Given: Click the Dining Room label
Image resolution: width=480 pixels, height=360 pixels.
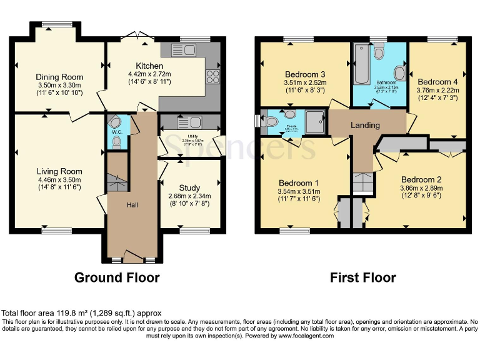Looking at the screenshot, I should point(59,77).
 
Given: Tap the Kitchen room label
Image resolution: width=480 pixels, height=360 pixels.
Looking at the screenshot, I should point(149,66).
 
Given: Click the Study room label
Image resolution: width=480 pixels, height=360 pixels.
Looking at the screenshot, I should point(189,187).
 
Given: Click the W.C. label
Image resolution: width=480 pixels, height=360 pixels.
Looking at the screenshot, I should point(116,132).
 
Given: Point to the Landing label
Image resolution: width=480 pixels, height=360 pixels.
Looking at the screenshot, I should point(365,125).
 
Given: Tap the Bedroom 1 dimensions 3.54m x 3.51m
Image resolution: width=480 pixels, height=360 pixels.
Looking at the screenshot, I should point(298,192).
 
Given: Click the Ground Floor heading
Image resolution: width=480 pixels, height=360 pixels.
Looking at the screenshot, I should point(117,277).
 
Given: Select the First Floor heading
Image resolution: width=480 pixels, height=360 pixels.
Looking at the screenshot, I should point(363,277).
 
